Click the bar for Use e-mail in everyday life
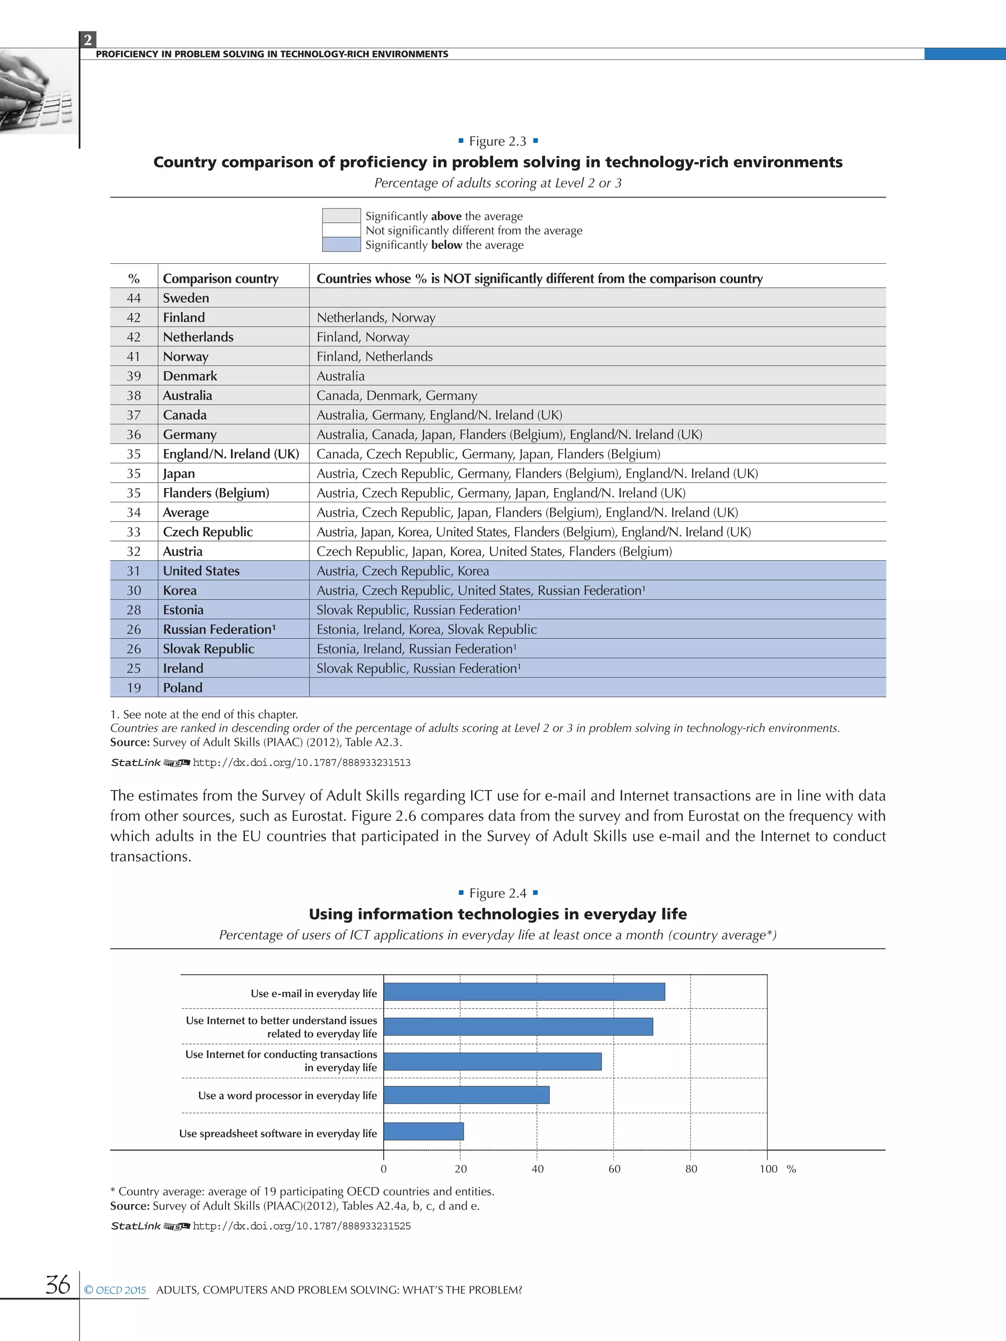coord(524,992)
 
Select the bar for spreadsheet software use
coord(423,1131)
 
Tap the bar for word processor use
coord(466,1095)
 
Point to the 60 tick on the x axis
coord(614,1168)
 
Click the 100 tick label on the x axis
coord(768,1168)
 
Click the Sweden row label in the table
coord(186,298)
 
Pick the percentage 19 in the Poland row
coord(134,687)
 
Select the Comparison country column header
coord(220,278)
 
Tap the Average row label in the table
coord(186,512)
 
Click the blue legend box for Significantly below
coord(341,245)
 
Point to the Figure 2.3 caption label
coord(497,141)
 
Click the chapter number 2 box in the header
coord(88,40)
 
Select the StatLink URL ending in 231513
coord(302,763)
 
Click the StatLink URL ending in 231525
coord(302,1226)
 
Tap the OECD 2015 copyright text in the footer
coord(115,1289)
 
